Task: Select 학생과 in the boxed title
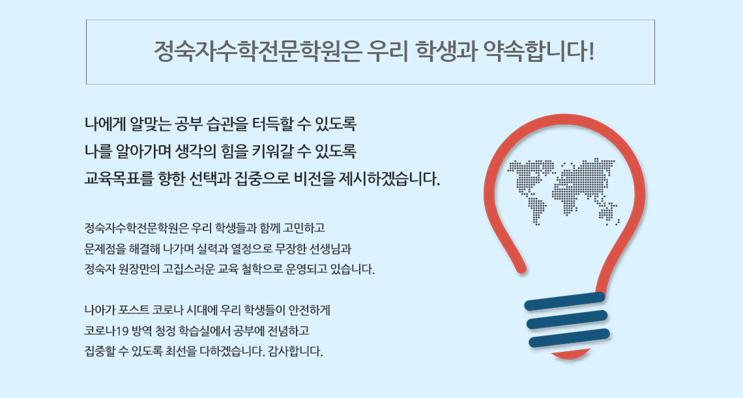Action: (445, 51)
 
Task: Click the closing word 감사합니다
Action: (295, 352)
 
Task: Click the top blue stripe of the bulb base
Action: (565, 302)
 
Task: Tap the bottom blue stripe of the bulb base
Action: (569, 338)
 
